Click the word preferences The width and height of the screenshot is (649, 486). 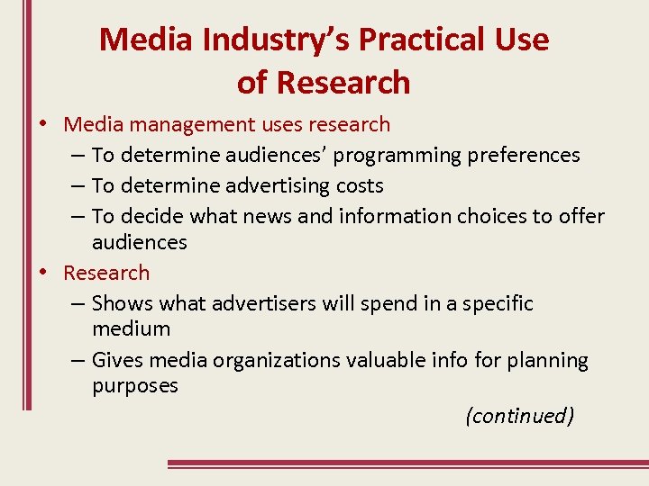524,155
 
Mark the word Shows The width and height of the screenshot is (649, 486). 120,303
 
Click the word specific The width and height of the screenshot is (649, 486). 498,303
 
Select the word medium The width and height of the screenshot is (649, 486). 131,328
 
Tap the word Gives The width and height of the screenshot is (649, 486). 118,361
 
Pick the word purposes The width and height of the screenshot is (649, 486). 135,386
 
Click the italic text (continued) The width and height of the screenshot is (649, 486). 519,416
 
